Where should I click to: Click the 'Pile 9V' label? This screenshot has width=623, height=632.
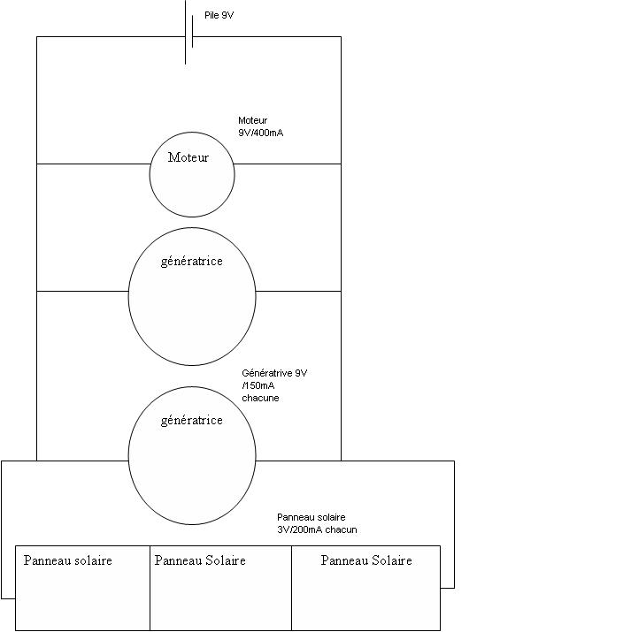[x=219, y=16]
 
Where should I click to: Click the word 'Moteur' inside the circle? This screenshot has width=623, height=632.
[x=188, y=157]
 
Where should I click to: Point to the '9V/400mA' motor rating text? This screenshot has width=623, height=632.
[x=261, y=133]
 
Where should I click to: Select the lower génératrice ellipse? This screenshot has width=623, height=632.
[x=192, y=468]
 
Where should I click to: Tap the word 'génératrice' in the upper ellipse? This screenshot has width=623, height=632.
[x=192, y=261]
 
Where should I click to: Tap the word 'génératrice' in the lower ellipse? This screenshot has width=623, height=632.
[x=192, y=420]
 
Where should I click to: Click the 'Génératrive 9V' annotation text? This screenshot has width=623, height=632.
[x=274, y=373]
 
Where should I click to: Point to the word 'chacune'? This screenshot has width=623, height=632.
[x=261, y=398]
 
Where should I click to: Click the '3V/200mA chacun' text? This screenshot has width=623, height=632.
[x=317, y=529]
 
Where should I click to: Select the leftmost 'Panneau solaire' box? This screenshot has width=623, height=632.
[x=82, y=592]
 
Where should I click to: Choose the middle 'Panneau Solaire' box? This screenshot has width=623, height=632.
[x=220, y=592]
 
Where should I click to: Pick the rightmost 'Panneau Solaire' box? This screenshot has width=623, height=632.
[x=365, y=592]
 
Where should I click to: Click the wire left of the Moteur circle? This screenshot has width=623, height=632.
[x=93, y=164]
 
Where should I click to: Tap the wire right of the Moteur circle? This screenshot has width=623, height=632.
[x=288, y=164]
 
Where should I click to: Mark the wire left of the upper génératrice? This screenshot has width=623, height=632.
[x=82, y=291]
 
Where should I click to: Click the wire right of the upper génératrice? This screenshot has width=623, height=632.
[x=298, y=291]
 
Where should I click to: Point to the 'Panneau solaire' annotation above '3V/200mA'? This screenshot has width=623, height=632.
[x=311, y=517]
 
